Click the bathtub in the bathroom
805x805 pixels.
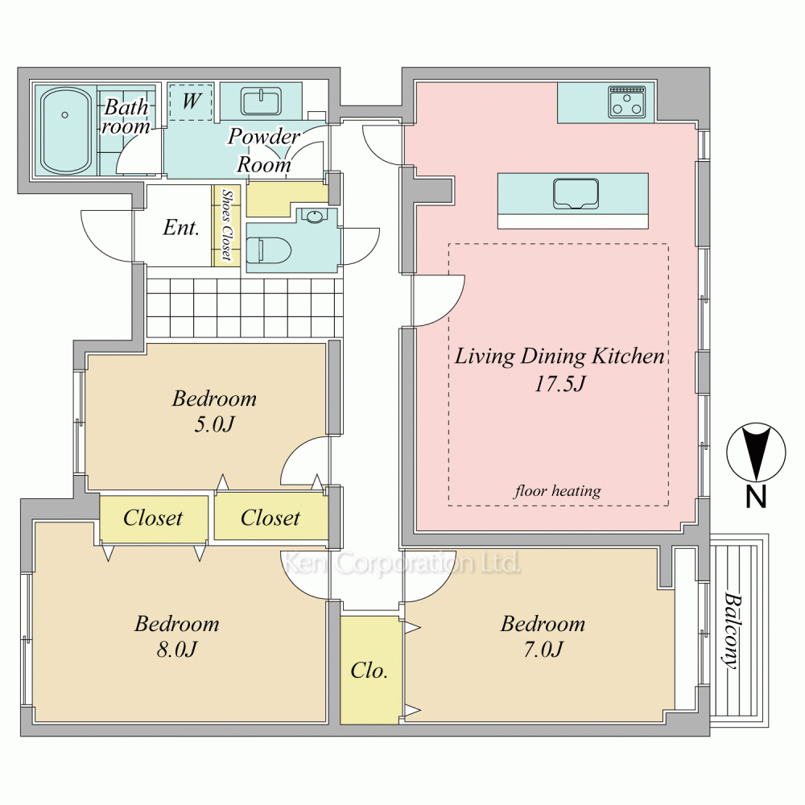[64, 130]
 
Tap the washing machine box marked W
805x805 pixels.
[191, 102]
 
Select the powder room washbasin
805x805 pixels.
[262, 101]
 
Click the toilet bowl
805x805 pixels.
[269, 250]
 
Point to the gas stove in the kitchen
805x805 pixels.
[626, 101]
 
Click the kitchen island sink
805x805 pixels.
[576, 194]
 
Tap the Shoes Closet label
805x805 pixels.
[226, 225]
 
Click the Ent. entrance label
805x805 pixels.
[181, 227]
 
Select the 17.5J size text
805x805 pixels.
[559, 383]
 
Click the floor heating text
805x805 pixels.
[558, 491]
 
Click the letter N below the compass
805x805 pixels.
[756, 497]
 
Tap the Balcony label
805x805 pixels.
[733, 630]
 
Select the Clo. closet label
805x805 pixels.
[369, 670]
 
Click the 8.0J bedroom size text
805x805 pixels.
[176, 650]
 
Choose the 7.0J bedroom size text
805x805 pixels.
[543, 650]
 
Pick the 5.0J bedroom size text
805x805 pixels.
[214, 424]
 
